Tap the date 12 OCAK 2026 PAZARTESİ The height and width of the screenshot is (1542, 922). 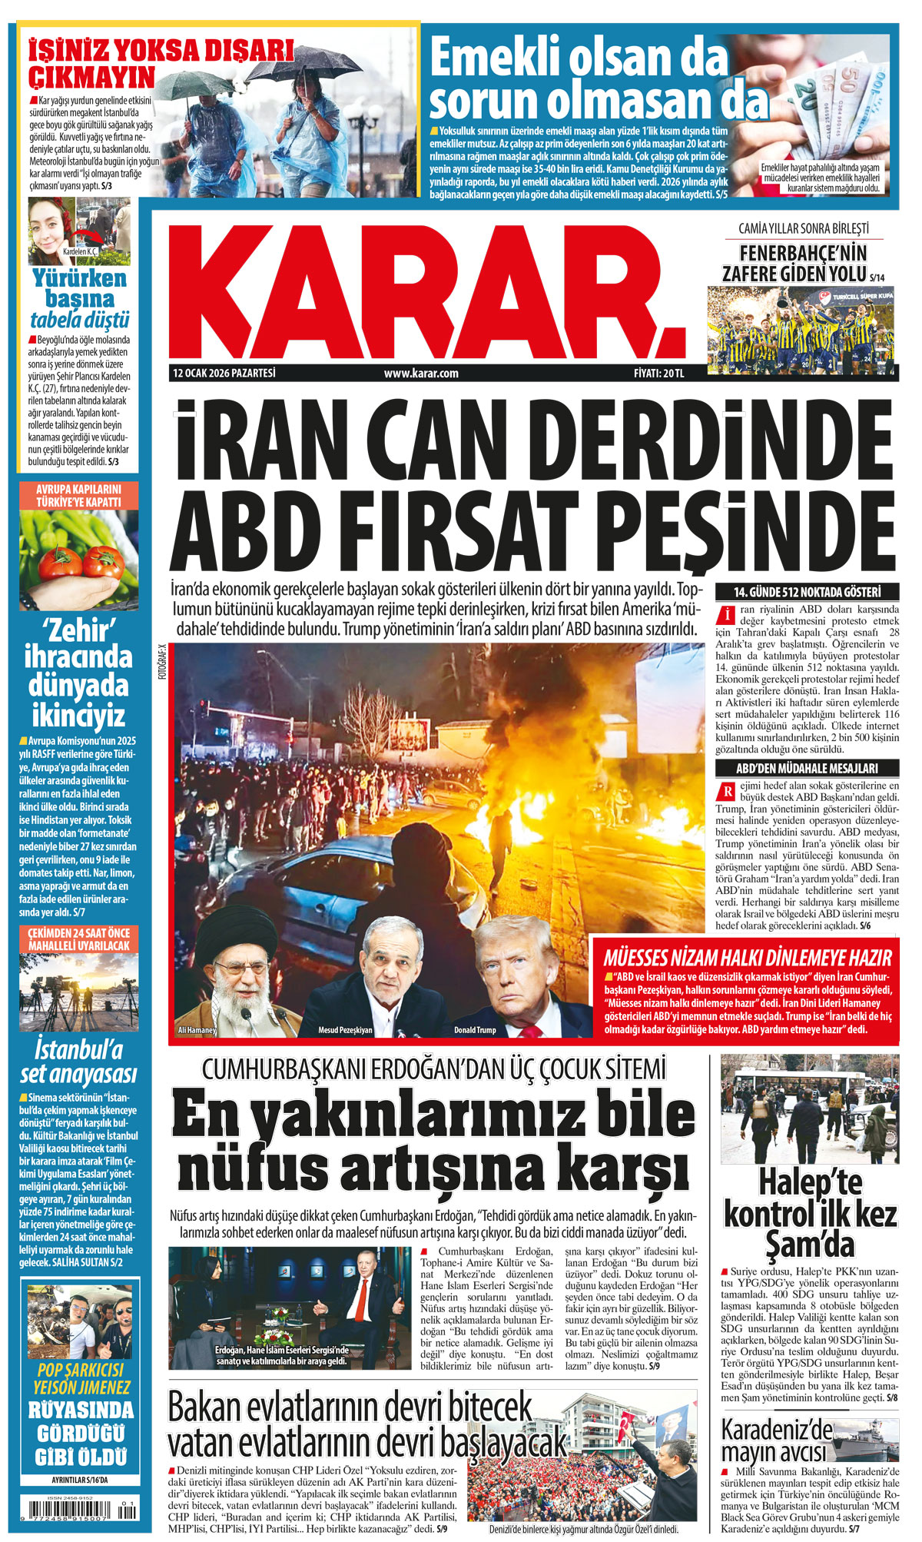224,374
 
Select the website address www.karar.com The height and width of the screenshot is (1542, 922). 421,374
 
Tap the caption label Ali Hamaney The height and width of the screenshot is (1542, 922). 197,1029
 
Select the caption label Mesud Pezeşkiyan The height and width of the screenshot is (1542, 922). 345,1029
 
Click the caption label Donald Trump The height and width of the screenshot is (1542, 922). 475,1029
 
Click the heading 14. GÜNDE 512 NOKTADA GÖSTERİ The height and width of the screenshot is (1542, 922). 806,592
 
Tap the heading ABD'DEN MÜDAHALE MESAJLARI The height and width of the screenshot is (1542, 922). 806,768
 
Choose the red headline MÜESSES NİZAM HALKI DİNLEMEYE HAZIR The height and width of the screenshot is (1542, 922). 747,958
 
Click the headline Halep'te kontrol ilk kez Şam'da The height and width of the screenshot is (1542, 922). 810,1214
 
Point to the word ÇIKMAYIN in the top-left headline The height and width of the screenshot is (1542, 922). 92,78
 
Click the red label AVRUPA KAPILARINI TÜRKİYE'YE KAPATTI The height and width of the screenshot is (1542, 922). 78,496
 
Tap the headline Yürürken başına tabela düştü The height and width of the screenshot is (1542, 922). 79,299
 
